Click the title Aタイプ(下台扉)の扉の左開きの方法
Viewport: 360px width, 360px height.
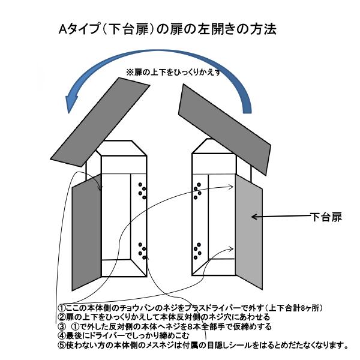point(167,29)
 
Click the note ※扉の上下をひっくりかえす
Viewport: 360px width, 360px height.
point(173,72)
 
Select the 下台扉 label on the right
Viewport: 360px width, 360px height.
point(326,217)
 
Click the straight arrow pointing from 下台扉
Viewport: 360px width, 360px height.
point(281,216)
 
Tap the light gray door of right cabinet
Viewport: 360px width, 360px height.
point(248,232)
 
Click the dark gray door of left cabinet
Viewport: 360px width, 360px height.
point(87,232)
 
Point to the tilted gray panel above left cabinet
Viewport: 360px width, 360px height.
point(100,122)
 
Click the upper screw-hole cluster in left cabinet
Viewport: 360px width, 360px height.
point(142,191)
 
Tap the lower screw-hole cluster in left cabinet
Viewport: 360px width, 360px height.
point(142,251)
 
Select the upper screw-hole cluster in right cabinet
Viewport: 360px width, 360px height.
point(197,191)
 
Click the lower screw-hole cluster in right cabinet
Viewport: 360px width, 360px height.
point(197,251)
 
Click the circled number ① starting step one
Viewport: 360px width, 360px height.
point(62,308)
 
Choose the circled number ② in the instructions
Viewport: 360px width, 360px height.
point(62,317)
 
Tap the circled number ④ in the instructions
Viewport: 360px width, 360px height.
point(62,335)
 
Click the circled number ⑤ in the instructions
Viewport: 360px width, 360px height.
point(62,345)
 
